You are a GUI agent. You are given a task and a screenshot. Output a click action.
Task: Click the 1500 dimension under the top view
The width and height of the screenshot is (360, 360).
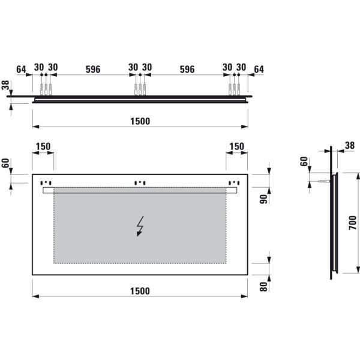(140, 121)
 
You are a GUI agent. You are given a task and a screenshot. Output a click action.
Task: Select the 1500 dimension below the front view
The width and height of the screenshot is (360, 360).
(140, 291)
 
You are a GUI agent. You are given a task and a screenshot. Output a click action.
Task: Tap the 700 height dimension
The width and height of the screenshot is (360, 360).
(353, 223)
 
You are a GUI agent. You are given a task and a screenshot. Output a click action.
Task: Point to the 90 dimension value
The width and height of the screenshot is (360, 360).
(263, 199)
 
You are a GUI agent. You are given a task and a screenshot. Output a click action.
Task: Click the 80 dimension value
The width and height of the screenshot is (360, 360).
(263, 286)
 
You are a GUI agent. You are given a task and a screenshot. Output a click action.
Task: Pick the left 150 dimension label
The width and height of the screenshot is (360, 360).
(43, 146)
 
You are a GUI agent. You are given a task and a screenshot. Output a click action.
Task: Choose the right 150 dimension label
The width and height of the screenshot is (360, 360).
(237, 146)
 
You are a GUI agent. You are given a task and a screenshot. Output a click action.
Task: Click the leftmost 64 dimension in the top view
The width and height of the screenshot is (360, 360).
(22, 69)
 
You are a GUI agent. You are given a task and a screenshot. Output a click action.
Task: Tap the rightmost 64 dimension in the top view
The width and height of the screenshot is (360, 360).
(259, 69)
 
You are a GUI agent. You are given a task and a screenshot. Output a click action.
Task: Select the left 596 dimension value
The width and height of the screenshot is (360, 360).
(92, 69)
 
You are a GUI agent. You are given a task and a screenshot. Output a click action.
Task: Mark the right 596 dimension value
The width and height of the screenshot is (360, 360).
(187, 69)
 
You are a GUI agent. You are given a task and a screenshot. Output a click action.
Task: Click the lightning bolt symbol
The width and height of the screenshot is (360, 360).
(140, 226)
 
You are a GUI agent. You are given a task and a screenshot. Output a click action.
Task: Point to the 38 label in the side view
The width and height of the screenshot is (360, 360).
(350, 145)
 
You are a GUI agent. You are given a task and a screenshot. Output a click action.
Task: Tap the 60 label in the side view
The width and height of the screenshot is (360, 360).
(304, 161)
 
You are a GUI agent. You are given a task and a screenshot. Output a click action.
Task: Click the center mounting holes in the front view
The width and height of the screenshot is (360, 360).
(140, 182)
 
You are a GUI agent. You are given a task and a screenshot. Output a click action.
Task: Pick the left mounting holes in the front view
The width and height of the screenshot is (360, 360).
(46, 182)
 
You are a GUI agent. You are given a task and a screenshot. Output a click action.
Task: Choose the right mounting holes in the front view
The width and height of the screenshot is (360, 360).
(234, 182)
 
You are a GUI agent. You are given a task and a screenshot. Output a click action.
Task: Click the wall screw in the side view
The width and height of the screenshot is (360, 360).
(324, 180)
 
